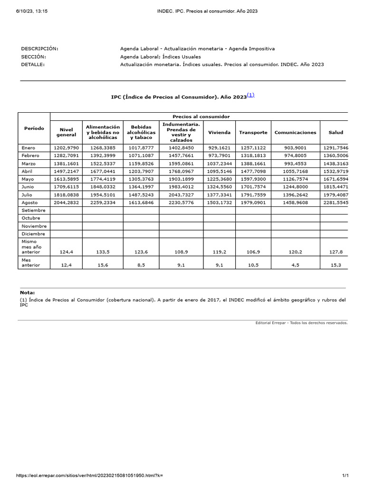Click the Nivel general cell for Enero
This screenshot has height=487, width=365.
66,148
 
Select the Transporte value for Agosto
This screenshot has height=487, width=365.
253,203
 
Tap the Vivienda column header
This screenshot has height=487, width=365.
219,132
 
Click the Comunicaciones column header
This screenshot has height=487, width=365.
295,132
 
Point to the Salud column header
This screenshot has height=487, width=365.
336,132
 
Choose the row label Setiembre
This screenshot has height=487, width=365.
34,210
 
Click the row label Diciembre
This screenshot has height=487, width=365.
34,234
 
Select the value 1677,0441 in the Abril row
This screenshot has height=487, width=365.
103,171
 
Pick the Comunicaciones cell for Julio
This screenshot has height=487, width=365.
295,195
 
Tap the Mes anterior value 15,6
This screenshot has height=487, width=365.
103,265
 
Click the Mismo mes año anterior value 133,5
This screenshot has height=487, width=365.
103,252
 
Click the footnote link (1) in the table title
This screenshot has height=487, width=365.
250,95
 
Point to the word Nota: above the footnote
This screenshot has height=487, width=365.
28,292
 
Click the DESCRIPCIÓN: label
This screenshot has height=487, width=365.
39,49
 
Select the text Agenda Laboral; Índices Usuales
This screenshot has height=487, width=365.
161,57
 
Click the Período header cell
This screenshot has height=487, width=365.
34,128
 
